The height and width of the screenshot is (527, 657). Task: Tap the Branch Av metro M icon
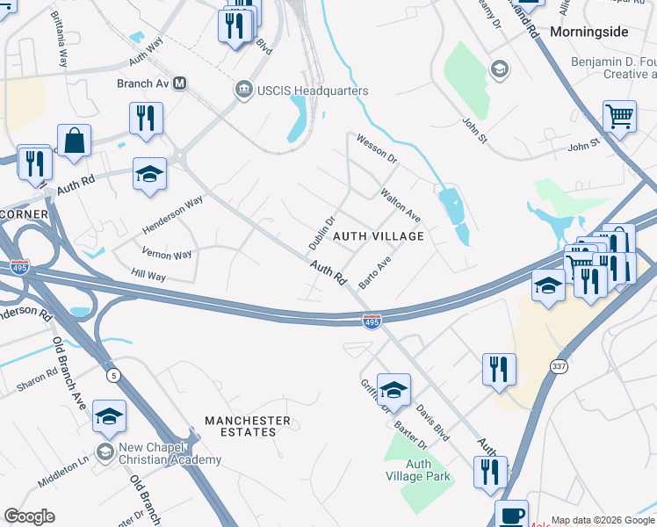pos(180,83)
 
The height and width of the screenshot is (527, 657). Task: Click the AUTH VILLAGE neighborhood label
pos(379,236)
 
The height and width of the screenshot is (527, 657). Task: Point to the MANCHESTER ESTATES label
pos(247,427)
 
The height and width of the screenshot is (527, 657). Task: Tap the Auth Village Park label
pos(418,470)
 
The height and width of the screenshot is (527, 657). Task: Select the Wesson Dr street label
pos(377,149)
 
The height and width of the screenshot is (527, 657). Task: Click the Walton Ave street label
pos(400,204)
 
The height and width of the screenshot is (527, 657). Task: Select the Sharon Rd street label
pos(36,380)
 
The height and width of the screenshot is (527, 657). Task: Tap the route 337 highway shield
pos(559,365)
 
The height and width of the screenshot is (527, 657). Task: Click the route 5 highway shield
pos(113,376)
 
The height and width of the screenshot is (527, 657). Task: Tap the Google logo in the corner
pos(29,516)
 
